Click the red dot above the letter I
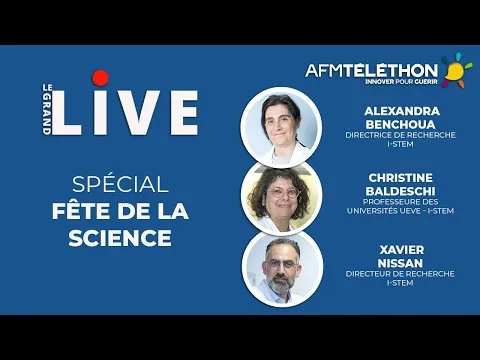(x=99, y=77)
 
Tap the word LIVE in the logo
(x=124, y=112)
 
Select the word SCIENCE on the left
(x=112, y=239)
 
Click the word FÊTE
(x=79, y=212)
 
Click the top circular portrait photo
(x=283, y=126)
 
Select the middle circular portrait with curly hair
(x=283, y=197)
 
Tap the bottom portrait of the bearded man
(x=283, y=267)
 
